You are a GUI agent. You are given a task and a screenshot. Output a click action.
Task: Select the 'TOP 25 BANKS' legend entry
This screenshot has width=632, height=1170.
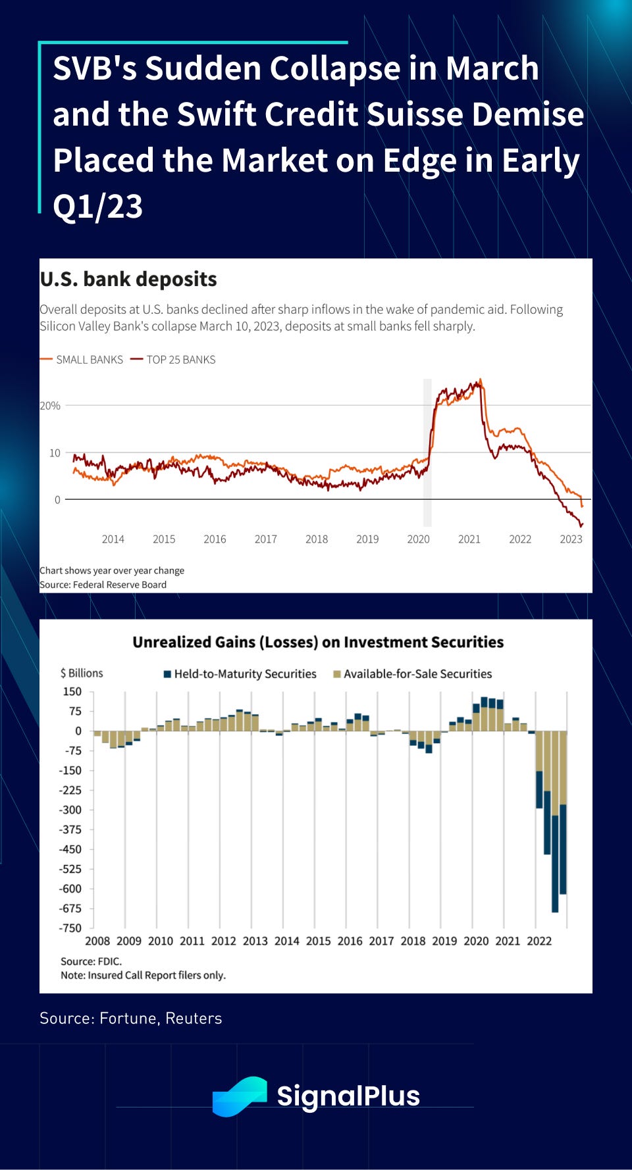point(174,360)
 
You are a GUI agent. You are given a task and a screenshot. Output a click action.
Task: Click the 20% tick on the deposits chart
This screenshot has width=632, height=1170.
point(50,406)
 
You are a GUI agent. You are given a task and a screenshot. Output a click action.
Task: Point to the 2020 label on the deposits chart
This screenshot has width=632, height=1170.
point(418,539)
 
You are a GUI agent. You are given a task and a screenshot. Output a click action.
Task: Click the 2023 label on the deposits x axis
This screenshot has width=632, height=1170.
point(571,539)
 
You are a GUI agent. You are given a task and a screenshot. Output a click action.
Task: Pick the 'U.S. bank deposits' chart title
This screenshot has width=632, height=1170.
point(128,280)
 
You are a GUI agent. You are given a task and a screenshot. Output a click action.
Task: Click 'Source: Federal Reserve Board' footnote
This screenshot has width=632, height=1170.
point(103,585)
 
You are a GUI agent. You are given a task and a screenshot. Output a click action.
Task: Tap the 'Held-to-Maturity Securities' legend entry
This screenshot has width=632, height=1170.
point(240,674)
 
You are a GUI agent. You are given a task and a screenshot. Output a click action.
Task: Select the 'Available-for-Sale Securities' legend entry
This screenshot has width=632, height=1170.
point(413,674)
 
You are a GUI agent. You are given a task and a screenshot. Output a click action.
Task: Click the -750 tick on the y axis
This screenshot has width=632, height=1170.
point(70,928)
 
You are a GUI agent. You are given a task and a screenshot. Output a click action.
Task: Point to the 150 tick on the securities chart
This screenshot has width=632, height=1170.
point(72,692)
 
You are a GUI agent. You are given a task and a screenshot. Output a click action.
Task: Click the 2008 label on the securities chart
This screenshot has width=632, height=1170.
point(97,941)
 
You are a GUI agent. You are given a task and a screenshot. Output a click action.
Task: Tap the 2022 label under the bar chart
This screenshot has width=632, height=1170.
point(539,941)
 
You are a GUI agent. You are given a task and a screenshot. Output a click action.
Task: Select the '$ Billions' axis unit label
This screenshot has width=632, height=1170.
point(82,673)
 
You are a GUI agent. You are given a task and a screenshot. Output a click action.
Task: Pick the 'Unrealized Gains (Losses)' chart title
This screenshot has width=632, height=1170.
point(318,643)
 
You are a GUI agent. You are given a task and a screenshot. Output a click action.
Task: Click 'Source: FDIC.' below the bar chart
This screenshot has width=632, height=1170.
point(91,962)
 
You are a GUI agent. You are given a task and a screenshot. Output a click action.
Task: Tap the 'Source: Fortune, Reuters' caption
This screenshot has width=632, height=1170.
point(131,1019)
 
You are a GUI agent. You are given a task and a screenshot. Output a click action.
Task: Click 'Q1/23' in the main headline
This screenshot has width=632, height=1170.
point(98,207)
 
